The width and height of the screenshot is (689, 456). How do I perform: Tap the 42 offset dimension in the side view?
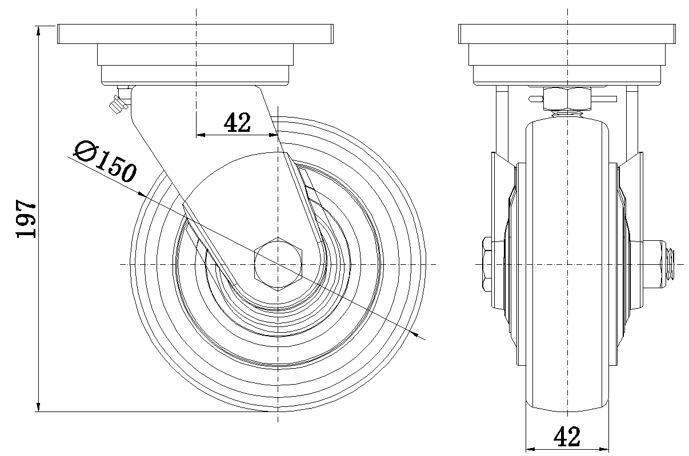pyautogui.click(x=237, y=122)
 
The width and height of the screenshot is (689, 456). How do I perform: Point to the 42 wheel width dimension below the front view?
pyautogui.click(x=567, y=437)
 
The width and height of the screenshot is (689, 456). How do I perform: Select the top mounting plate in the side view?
pyautogui.click(x=195, y=35)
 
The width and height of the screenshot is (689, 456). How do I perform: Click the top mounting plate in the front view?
pyautogui.click(x=567, y=35)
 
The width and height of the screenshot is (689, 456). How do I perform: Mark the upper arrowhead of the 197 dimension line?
pyautogui.click(x=39, y=30)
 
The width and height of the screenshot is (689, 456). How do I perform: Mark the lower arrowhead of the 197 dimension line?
pyautogui.click(x=39, y=406)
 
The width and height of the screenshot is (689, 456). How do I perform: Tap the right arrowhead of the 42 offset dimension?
pyautogui.click(x=273, y=135)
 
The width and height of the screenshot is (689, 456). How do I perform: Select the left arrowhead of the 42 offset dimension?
pyautogui.click(x=200, y=135)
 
